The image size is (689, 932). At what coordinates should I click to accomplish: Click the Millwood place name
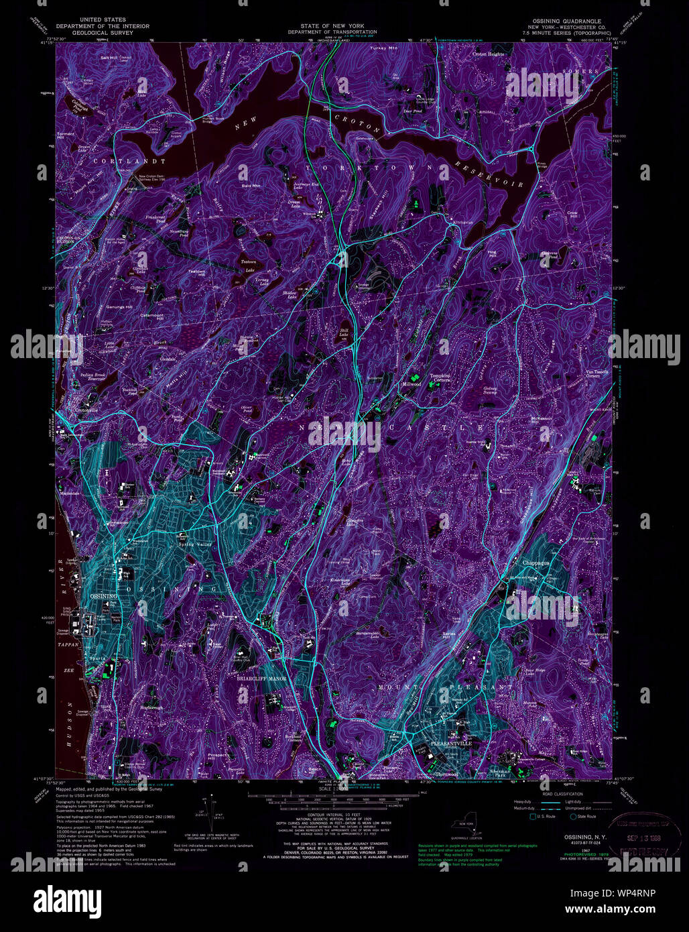(x=411, y=385)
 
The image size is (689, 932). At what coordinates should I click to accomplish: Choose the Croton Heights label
(x=487, y=54)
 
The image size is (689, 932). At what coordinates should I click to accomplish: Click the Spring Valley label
(x=195, y=544)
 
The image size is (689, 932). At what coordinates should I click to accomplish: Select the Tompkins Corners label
(x=440, y=377)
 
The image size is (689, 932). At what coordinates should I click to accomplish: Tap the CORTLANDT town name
(x=138, y=162)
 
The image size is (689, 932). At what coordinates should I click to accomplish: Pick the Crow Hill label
(x=572, y=214)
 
